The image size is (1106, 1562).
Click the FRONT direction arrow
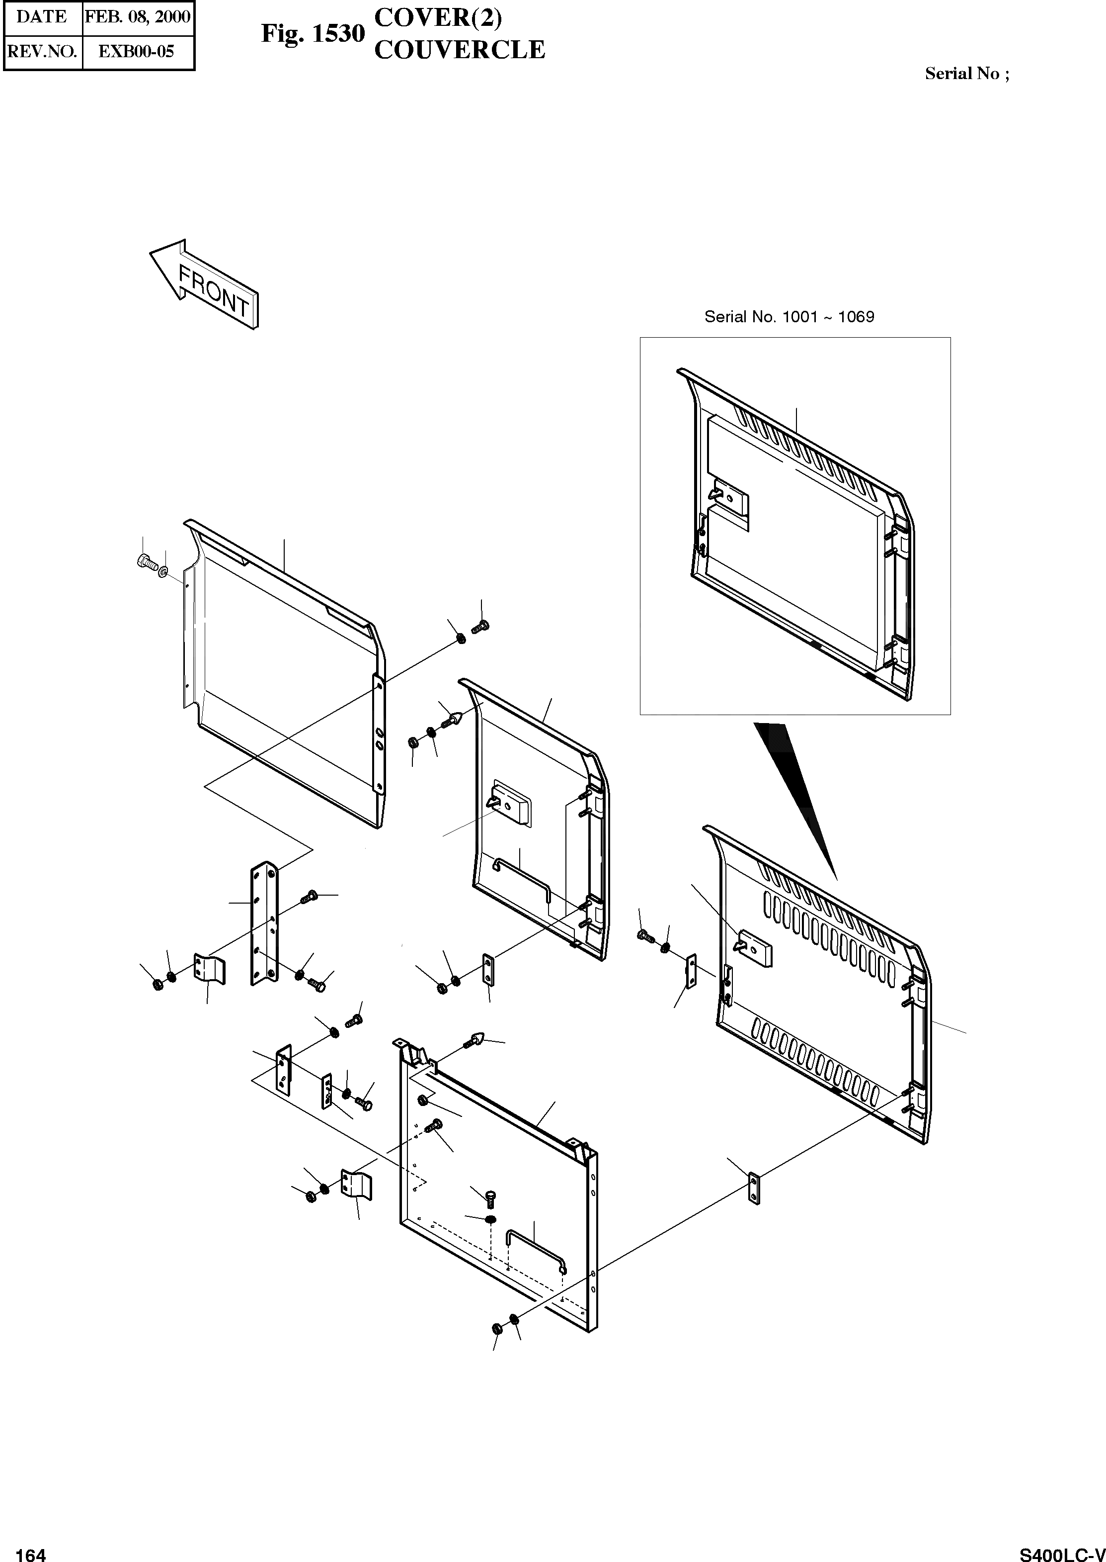(x=204, y=285)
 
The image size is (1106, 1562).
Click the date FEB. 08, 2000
(x=138, y=17)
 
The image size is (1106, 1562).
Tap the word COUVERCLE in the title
(x=460, y=50)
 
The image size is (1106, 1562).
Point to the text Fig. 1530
(x=313, y=33)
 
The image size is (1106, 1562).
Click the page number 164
(x=31, y=1550)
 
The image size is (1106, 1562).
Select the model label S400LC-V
(x=1062, y=1550)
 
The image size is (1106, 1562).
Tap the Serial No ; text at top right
(x=966, y=74)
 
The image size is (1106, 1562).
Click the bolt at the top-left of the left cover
(x=145, y=561)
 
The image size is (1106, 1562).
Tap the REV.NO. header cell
(x=42, y=52)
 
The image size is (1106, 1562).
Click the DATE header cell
(x=42, y=17)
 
